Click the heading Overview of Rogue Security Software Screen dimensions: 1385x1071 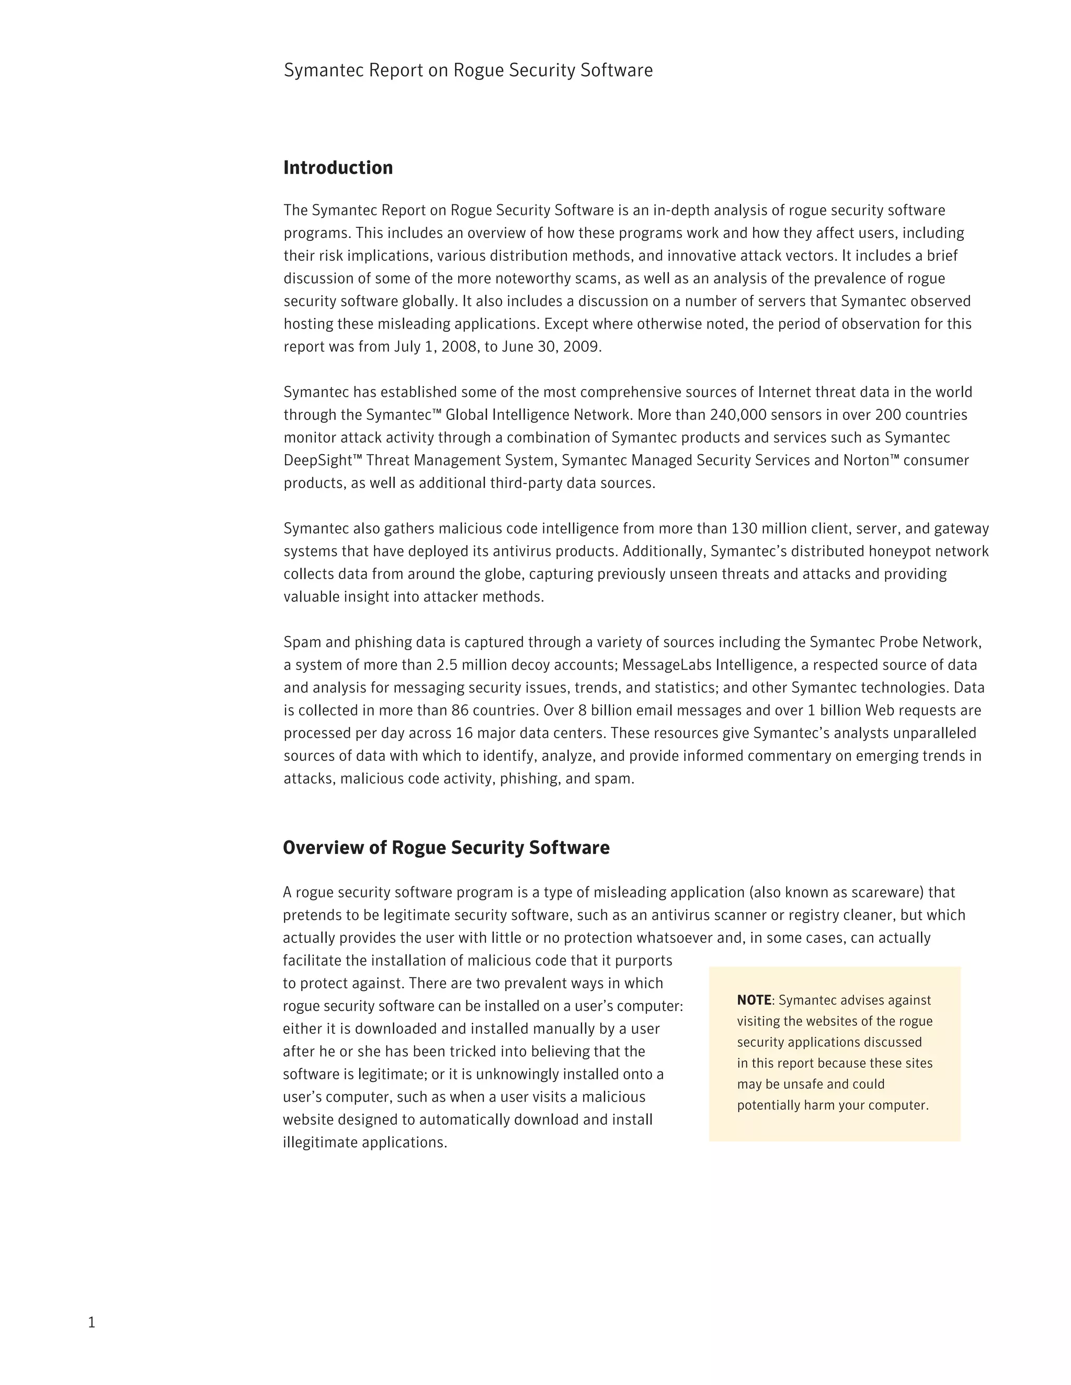coord(446,847)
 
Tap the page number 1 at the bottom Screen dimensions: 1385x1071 coord(92,1322)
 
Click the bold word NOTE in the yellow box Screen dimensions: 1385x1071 coord(754,1000)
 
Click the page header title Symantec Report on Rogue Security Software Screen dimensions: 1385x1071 coord(468,70)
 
